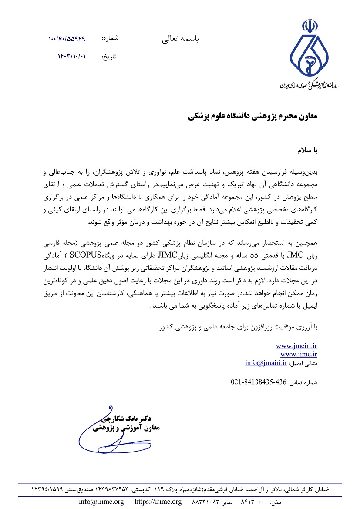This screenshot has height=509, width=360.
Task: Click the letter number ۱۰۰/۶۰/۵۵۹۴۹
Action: pos(67,39)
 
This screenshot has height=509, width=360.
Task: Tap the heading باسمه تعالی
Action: pos(180,39)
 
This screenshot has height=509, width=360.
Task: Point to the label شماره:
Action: pos(110,38)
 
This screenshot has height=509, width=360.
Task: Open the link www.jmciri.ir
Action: pos(296,346)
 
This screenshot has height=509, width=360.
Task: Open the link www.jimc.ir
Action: pos(299,354)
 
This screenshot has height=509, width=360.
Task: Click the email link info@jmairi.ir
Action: pos(266,362)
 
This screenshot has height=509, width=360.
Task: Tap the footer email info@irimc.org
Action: pos(101,502)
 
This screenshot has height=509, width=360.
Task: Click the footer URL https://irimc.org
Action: pos(158,502)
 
